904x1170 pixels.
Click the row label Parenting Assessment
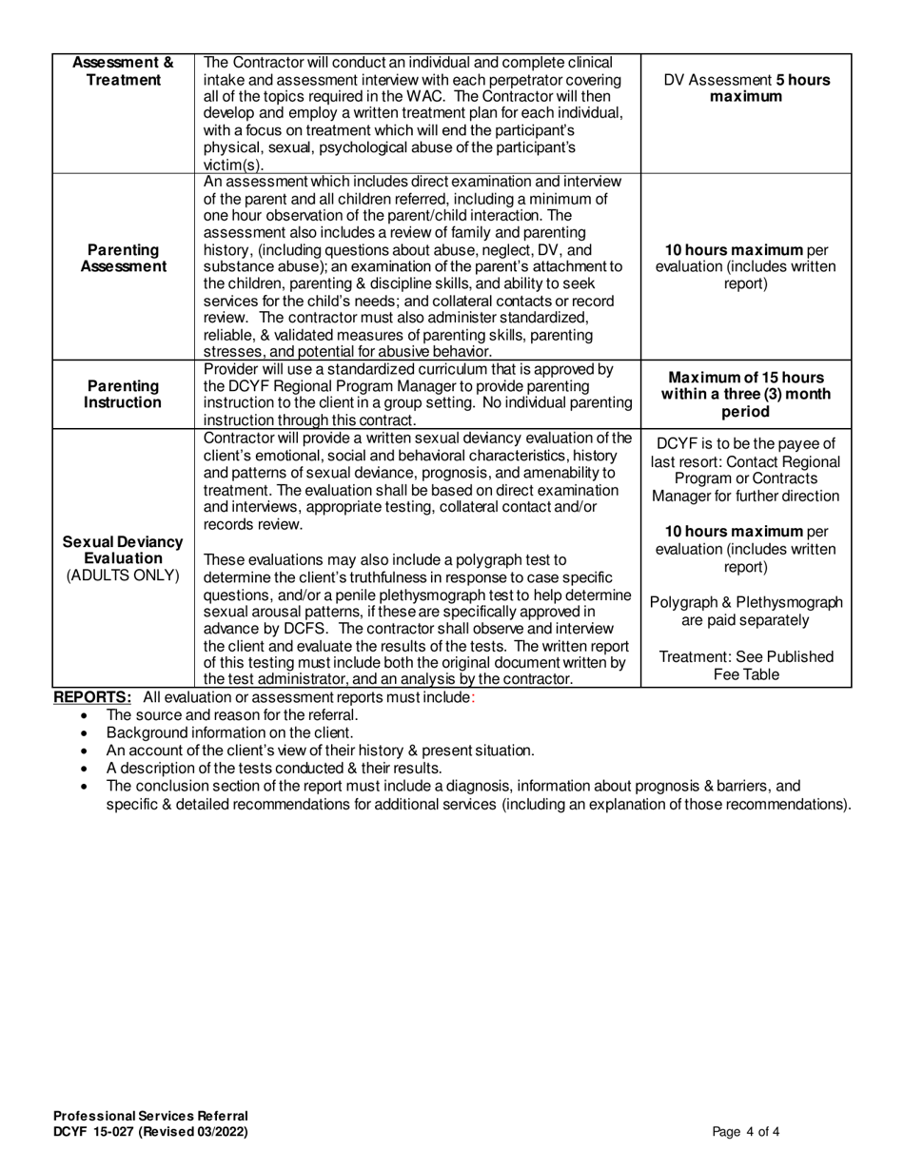click(x=123, y=258)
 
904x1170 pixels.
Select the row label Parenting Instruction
click(x=123, y=394)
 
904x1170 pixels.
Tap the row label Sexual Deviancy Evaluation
click(x=123, y=549)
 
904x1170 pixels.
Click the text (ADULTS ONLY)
click(x=123, y=575)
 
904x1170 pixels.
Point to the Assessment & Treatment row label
click(x=123, y=71)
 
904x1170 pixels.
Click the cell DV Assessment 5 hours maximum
click(x=746, y=88)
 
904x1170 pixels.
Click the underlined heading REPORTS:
click(x=92, y=697)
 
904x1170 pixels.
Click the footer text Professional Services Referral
click(x=150, y=1116)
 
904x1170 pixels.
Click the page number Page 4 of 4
click(x=746, y=1132)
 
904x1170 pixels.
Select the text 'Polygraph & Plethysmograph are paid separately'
click(x=746, y=611)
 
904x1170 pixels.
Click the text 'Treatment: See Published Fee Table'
click(x=746, y=666)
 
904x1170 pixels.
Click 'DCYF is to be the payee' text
click(x=746, y=443)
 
